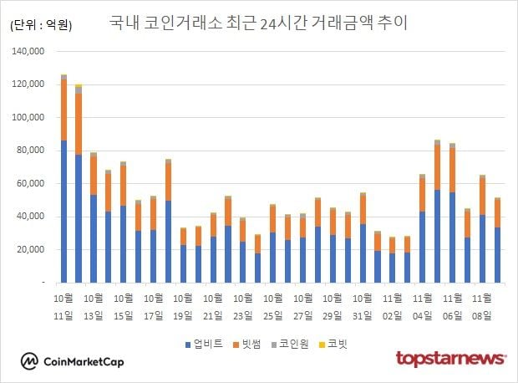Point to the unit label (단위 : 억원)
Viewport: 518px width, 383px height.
[41, 25]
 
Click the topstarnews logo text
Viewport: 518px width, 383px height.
[450, 359]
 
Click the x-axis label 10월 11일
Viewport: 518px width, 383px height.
[63, 306]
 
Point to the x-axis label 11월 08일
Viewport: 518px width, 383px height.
[482, 306]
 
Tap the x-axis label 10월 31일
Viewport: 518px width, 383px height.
[363, 306]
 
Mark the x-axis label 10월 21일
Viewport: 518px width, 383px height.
[213, 306]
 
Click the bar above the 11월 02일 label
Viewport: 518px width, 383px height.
[393, 260]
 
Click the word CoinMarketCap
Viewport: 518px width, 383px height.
[84, 361]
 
